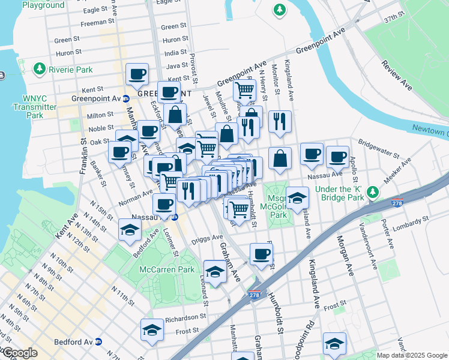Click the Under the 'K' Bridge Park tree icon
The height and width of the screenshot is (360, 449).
(373, 191)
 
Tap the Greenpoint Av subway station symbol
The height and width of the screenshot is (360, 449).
(125, 99)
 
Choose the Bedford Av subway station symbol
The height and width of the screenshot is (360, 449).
(98, 342)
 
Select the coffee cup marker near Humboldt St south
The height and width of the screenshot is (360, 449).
(261, 254)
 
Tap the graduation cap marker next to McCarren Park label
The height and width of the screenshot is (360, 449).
(215, 272)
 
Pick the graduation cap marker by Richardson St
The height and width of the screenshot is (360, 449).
(152, 330)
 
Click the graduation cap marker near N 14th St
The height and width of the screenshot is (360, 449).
(130, 230)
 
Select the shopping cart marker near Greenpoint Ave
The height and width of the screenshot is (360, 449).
(244, 91)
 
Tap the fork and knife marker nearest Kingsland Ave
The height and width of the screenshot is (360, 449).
(280, 122)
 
